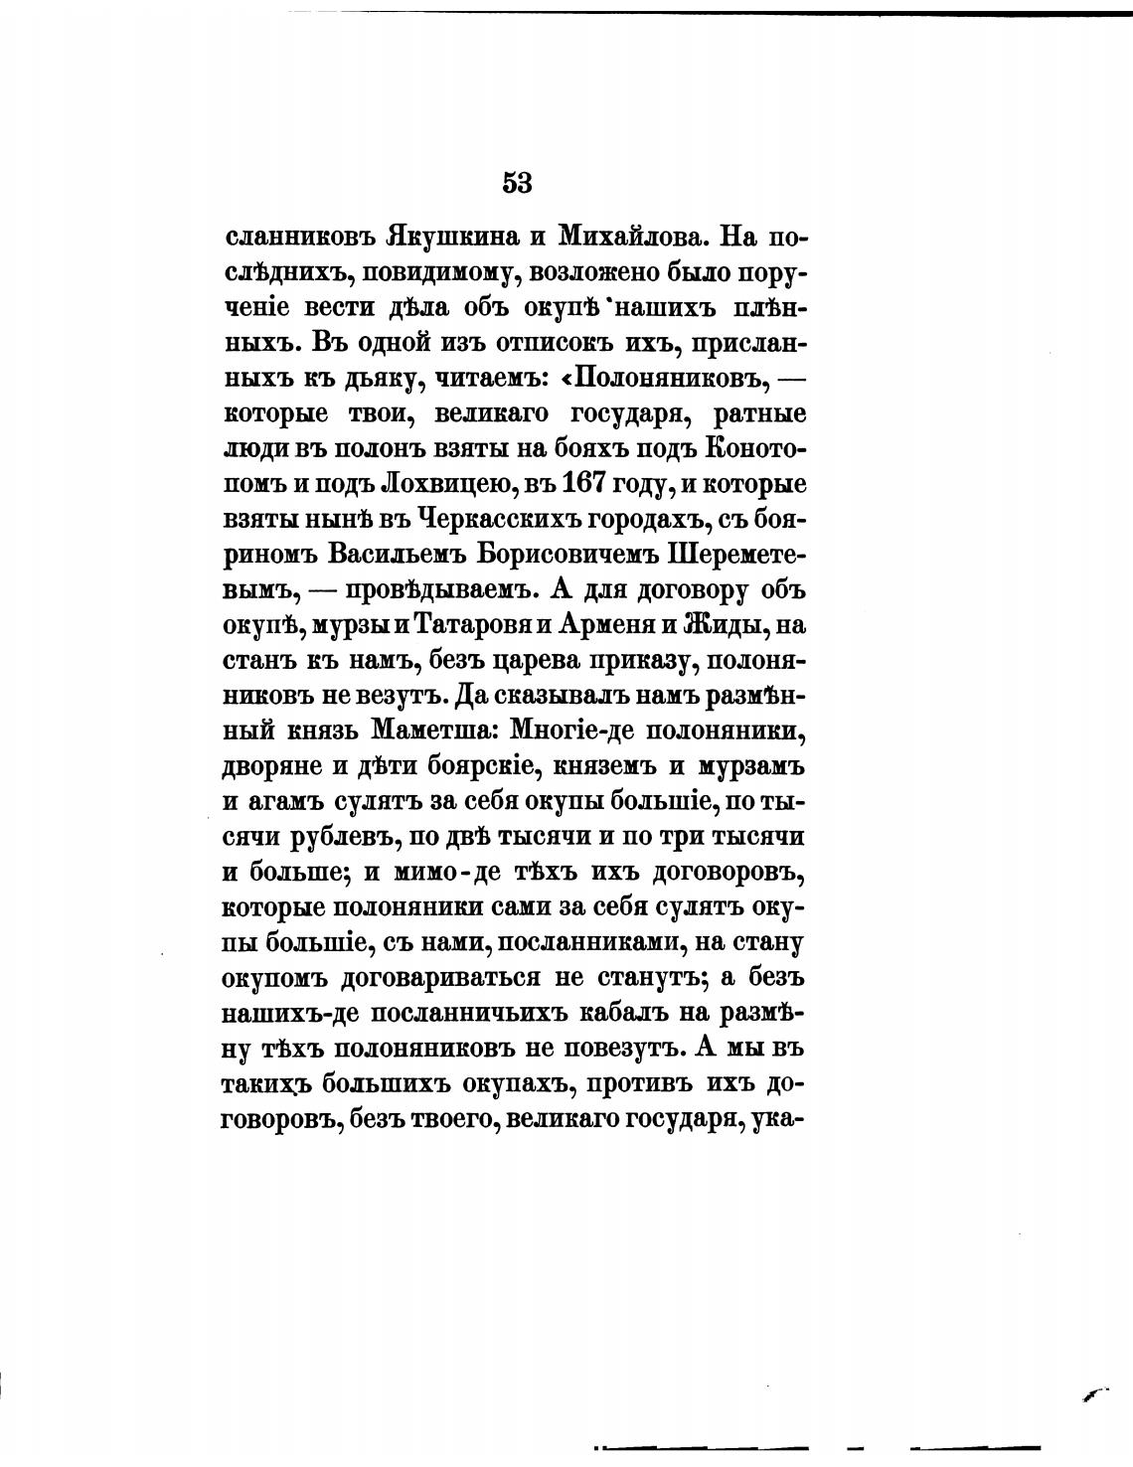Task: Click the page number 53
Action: pyautogui.click(x=517, y=183)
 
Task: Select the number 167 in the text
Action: pyautogui.click(x=590, y=484)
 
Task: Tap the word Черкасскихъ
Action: pyautogui.click(x=499, y=519)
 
